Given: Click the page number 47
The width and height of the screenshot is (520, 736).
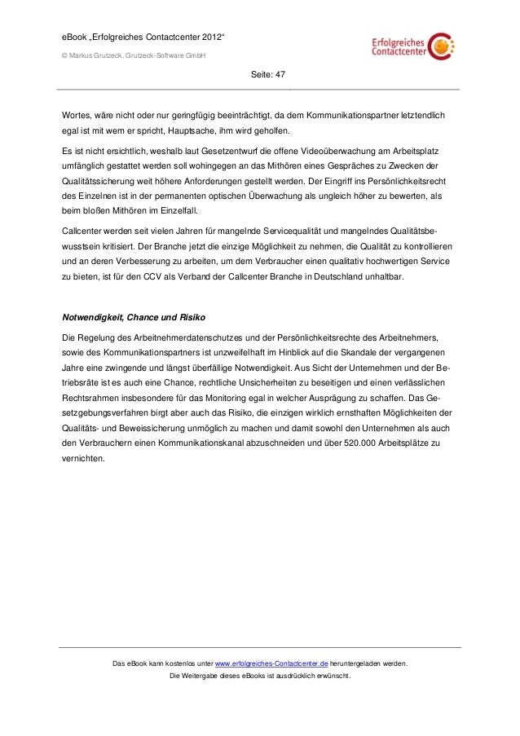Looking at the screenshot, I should coord(280,74).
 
